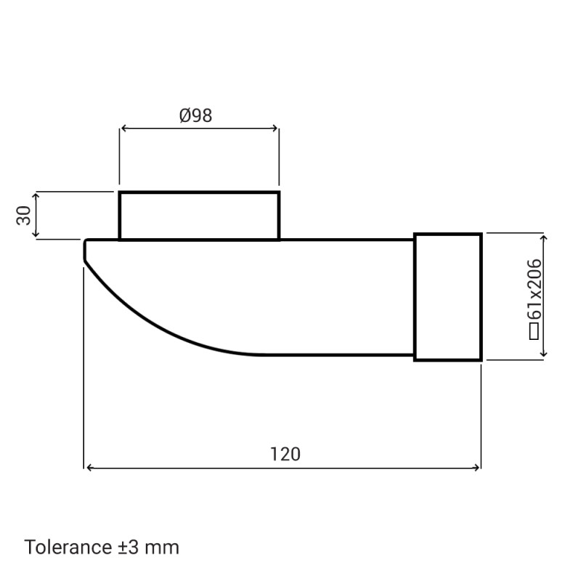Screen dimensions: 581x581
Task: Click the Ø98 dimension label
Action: click(x=195, y=115)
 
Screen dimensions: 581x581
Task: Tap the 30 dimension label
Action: click(x=24, y=215)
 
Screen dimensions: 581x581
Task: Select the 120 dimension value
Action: click(x=285, y=455)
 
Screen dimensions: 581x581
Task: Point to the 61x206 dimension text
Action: click(x=535, y=289)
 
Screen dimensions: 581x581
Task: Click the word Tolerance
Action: click(x=68, y=547)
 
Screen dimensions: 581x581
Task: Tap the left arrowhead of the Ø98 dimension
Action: click(x=123, y=129)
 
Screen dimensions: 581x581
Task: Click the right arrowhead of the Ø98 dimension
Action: click(x=275, y=129)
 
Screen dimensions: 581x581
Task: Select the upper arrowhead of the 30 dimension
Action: click(x=36, y=195)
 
